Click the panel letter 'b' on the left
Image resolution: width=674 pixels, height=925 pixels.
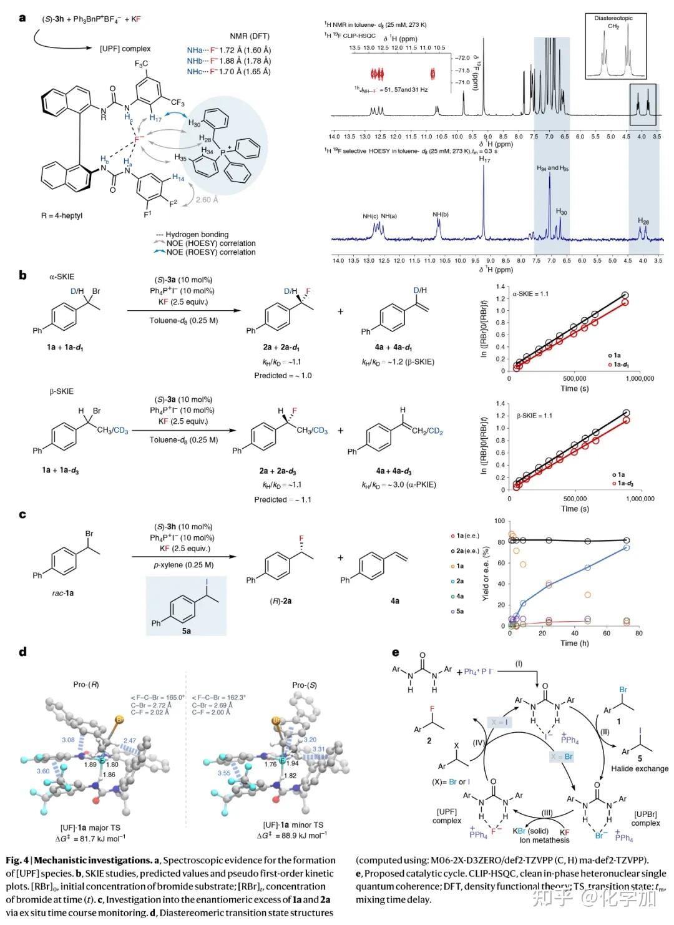click(23, 275)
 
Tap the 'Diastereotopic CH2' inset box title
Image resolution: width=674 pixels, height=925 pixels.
click(613, 22)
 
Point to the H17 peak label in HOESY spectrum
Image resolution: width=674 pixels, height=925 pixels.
click(485, 160)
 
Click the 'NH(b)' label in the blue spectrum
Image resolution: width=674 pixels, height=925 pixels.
click(441, 215)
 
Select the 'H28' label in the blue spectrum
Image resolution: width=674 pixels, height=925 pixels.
click(643, 220)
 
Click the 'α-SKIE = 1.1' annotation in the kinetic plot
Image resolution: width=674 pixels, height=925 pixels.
click(530, 293)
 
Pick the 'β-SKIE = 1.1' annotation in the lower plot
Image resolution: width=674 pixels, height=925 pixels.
click(534, 416)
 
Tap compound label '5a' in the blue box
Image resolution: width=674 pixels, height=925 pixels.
click(186, 631)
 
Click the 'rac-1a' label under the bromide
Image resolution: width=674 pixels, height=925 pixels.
click(62, 593)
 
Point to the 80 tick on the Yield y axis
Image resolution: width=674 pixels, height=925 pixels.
click(499, 542)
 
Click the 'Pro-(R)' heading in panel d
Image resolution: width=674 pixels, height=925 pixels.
click(86, 685)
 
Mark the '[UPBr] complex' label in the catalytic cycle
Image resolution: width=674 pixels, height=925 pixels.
click(645, 818)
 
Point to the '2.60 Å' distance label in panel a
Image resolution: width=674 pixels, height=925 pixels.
click(207, 200)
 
